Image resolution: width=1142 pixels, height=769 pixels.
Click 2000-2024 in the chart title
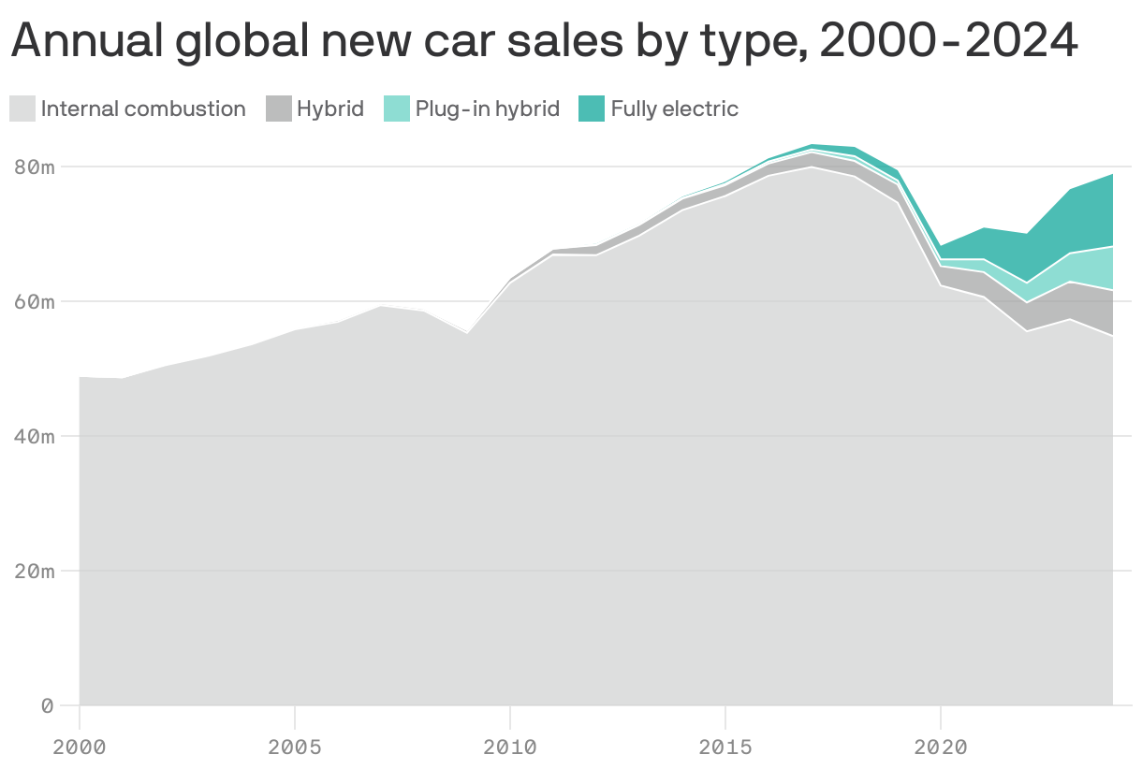[948, 41]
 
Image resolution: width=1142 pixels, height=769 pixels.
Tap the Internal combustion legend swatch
[22, 109]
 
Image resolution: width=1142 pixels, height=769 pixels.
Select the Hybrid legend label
[329, 109]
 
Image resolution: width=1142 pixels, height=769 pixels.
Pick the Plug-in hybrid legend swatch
[397, 109]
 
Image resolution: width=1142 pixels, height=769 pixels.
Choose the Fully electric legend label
[674, 109]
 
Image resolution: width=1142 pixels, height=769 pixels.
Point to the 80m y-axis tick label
[35, 167]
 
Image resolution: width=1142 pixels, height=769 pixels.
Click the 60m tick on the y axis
[35, 302]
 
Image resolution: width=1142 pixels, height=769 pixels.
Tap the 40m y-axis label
[35, 437]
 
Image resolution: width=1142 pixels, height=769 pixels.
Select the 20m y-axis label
[35, 571]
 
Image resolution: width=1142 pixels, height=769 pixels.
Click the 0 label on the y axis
[47, 705]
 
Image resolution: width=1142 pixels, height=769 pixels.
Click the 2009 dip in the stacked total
[467, 334]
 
